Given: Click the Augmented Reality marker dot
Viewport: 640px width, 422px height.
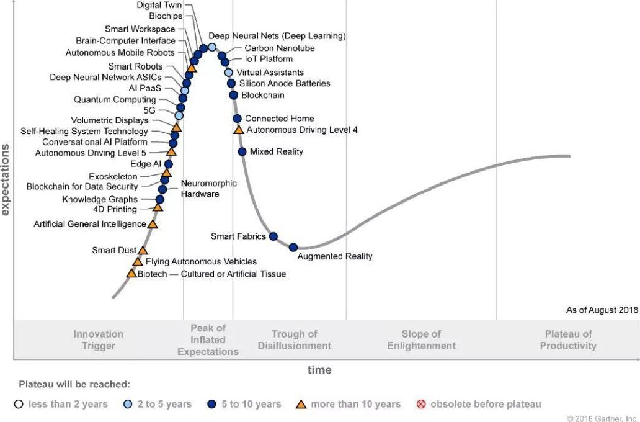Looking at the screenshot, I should tap(293, 247).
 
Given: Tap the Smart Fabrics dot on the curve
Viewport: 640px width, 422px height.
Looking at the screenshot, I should tap(273, 236).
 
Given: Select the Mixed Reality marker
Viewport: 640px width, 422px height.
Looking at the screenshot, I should tap(242, 151).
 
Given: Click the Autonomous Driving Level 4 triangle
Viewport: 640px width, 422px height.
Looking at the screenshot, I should tap(238, 130).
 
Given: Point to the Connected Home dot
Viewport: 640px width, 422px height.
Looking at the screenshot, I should tap(237, 118).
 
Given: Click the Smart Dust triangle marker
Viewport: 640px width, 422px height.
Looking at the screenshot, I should tap(143, 250).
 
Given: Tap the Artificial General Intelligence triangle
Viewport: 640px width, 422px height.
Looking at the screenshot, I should tap(153, 224).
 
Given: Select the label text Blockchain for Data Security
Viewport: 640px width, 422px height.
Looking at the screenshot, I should tap(82, 186).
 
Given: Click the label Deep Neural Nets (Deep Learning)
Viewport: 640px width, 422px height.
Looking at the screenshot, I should tap(277, 36).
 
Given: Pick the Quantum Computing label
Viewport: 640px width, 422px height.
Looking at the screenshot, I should tap(115, 99).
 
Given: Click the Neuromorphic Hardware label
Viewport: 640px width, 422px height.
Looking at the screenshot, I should tap(200, 189).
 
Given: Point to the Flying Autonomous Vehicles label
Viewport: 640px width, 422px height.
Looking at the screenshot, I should tap(201, 261).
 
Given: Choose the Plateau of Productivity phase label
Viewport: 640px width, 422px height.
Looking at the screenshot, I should tap(567, 340).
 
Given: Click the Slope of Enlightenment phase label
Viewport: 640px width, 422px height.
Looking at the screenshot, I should tap(421, 340).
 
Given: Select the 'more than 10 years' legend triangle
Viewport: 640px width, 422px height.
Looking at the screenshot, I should tap(301, 404).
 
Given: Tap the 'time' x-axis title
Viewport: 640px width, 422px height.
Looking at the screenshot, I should tap(319, 370).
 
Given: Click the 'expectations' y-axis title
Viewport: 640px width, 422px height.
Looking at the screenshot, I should tap(6, 179).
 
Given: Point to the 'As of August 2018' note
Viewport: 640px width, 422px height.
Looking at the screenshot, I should tap(597, 310).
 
